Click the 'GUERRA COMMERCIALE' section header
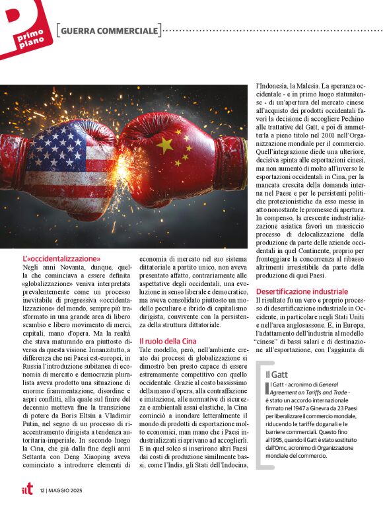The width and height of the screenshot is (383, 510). (x=108, y=30)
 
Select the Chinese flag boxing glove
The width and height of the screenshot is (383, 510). (x=172, y=155)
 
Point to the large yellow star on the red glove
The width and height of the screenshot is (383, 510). (x=165, y=144)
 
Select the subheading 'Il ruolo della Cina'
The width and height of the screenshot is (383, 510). (x=168, y=341)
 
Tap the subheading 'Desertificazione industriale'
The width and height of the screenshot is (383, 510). (x=302, y=291)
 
